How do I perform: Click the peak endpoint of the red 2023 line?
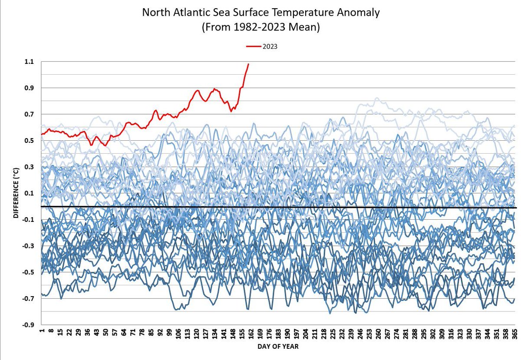[248, 64]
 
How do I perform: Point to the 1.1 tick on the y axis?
[29, 62]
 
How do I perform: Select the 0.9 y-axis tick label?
[29, 88]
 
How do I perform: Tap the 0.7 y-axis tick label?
[29, 114]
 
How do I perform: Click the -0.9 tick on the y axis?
[28, 325]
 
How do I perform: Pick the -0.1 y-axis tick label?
[28, 220]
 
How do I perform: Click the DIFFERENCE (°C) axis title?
[16, 193]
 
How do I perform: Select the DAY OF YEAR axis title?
[277, 347]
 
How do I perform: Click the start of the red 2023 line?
[42, 134]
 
